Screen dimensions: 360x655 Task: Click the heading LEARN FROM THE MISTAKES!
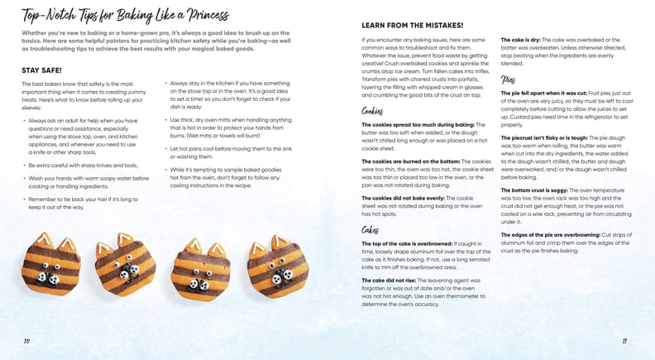[412, 25]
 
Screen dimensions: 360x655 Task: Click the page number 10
[26, 340]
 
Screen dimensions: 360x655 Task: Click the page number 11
[625, 340]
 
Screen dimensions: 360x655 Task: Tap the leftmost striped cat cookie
[50, 264]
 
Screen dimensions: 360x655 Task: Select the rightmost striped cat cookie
[277, 265]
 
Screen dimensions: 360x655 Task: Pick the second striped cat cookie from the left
[125, 265]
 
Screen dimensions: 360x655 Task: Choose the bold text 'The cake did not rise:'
[394, 281]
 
